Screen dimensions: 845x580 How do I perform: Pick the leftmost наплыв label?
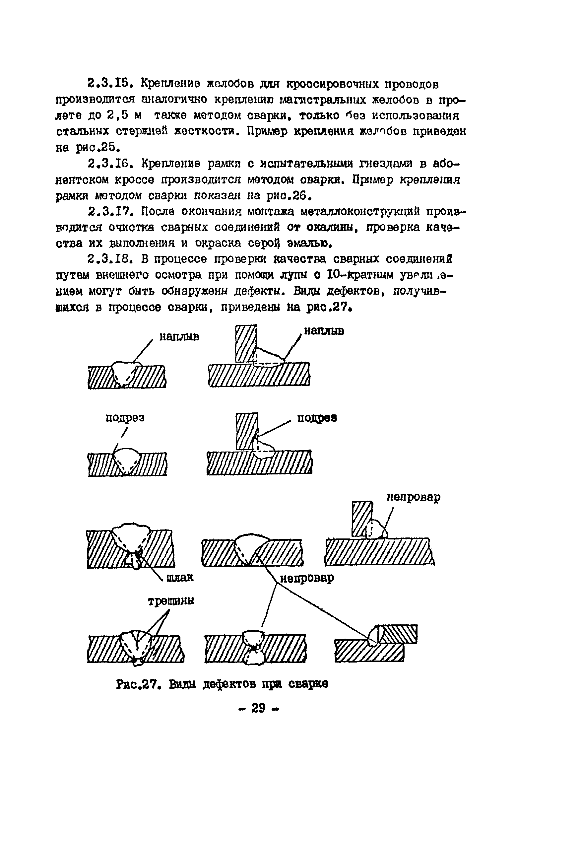[x=179, y=337]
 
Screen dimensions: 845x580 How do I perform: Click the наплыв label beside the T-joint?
[x=324, y=331]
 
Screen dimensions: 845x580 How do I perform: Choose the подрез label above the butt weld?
[x=125, y=418]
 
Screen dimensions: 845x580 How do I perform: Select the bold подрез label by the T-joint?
[x=317, y=418]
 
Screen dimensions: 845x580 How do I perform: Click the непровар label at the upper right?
[x=413, y=497]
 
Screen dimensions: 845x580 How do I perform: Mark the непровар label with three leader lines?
[x=307, y=578]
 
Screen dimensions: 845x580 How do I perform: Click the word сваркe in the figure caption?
[x=308, y=684]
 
